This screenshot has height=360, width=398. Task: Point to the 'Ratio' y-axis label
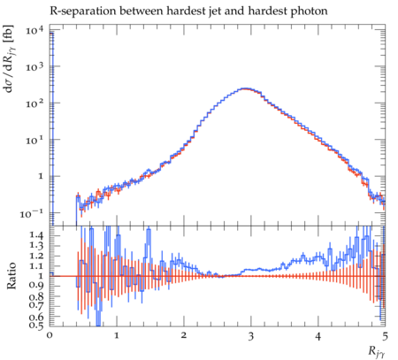pyautogui.click(x=11, y=276)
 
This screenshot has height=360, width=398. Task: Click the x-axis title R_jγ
pyautogui.click(x=377, y=352)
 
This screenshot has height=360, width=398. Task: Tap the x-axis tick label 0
pyautogui.click(x=50, y=335)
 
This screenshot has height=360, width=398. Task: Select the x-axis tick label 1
pyautogui.click(x=117, y=335)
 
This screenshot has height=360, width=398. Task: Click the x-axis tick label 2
pyautogui.click(x=184, y=335)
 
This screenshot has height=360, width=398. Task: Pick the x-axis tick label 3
pyautogui.click(x=250, y=335)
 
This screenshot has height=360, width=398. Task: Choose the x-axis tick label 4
pyautogui.click(x=318, y=335)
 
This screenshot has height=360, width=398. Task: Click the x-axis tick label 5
pyautogui.click(x=385, y=335)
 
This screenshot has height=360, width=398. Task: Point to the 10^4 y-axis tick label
pyautogui.click(x=34, y=30)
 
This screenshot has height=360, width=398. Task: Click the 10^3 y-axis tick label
pyautogui.click(x=34, y=66)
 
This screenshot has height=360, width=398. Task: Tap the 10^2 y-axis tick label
pyautogui.click(x=34, y=103)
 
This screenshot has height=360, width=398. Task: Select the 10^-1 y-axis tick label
pyautogui.click(x=32, y=213)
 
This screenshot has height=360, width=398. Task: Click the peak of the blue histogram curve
pyautogui.click(x=246, y=88)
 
